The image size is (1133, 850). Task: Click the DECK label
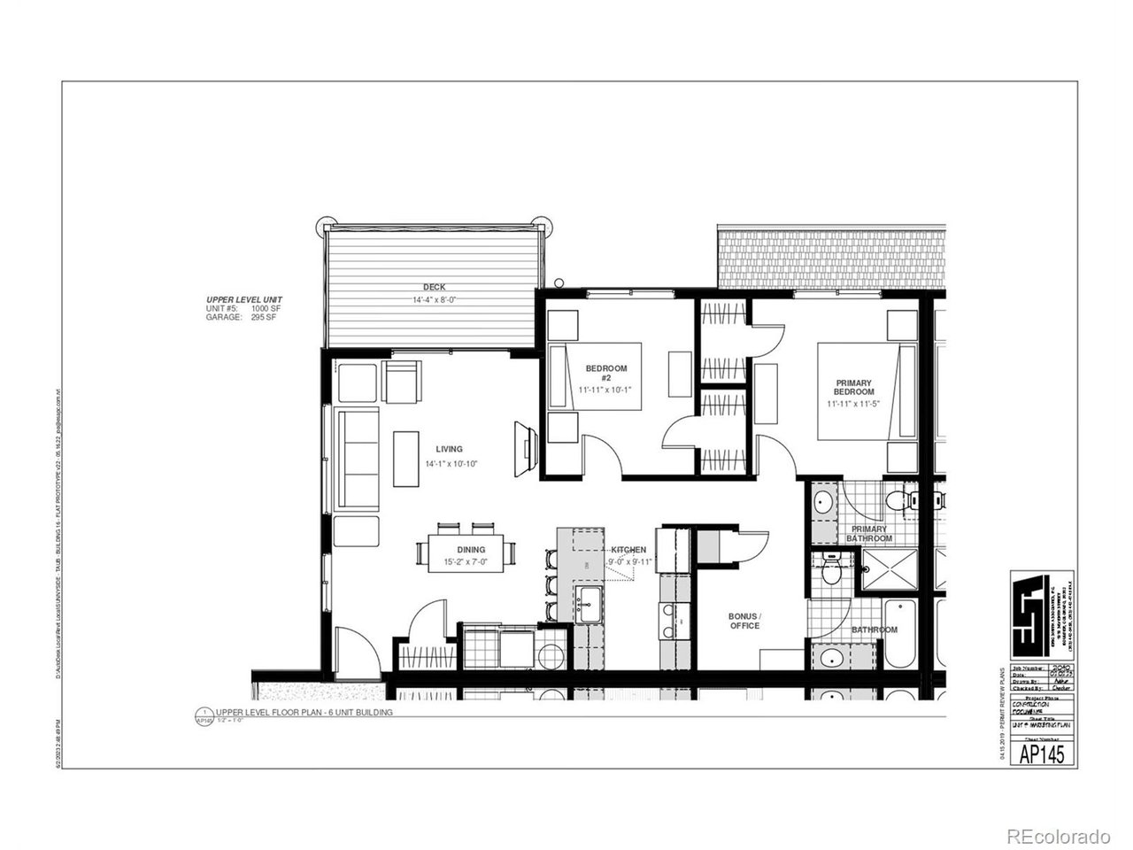point(434,286)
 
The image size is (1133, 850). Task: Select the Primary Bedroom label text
point(854,387)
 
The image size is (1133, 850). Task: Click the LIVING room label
point(449,449)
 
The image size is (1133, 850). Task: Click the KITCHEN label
point(628,550)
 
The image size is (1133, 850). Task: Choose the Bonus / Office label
point(744,620)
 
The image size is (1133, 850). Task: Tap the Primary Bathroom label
point(868,533)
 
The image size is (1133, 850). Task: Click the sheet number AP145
point(1042,753)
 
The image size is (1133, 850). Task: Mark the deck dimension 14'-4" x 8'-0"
point(434,299)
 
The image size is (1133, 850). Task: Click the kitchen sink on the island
point(589,605)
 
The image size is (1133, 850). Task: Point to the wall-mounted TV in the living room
point(525,442)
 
